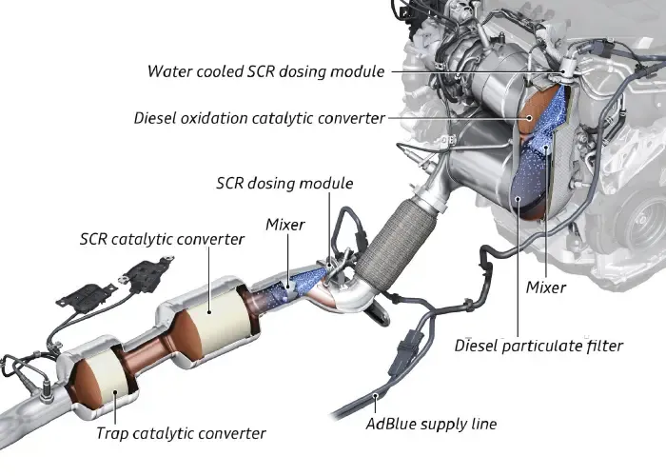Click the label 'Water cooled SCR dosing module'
pyautogui.click(x=267, y=70)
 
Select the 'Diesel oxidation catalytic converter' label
pyautogui.click(x=260, y=118)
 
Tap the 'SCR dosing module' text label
pyautogui.click(x=284, y=183)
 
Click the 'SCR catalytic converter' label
pyautogui.click(x=162, y=239)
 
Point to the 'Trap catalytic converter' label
pyautogui.click(x=181, y=433)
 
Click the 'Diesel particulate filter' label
pyautogui.click(x=539, y=346)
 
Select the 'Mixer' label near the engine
pyautogui.click(x=546, y=287)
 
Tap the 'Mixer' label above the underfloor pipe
pyautogui.click(x=285, y=225)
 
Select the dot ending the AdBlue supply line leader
pyautogui.click(x=378, y=395)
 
